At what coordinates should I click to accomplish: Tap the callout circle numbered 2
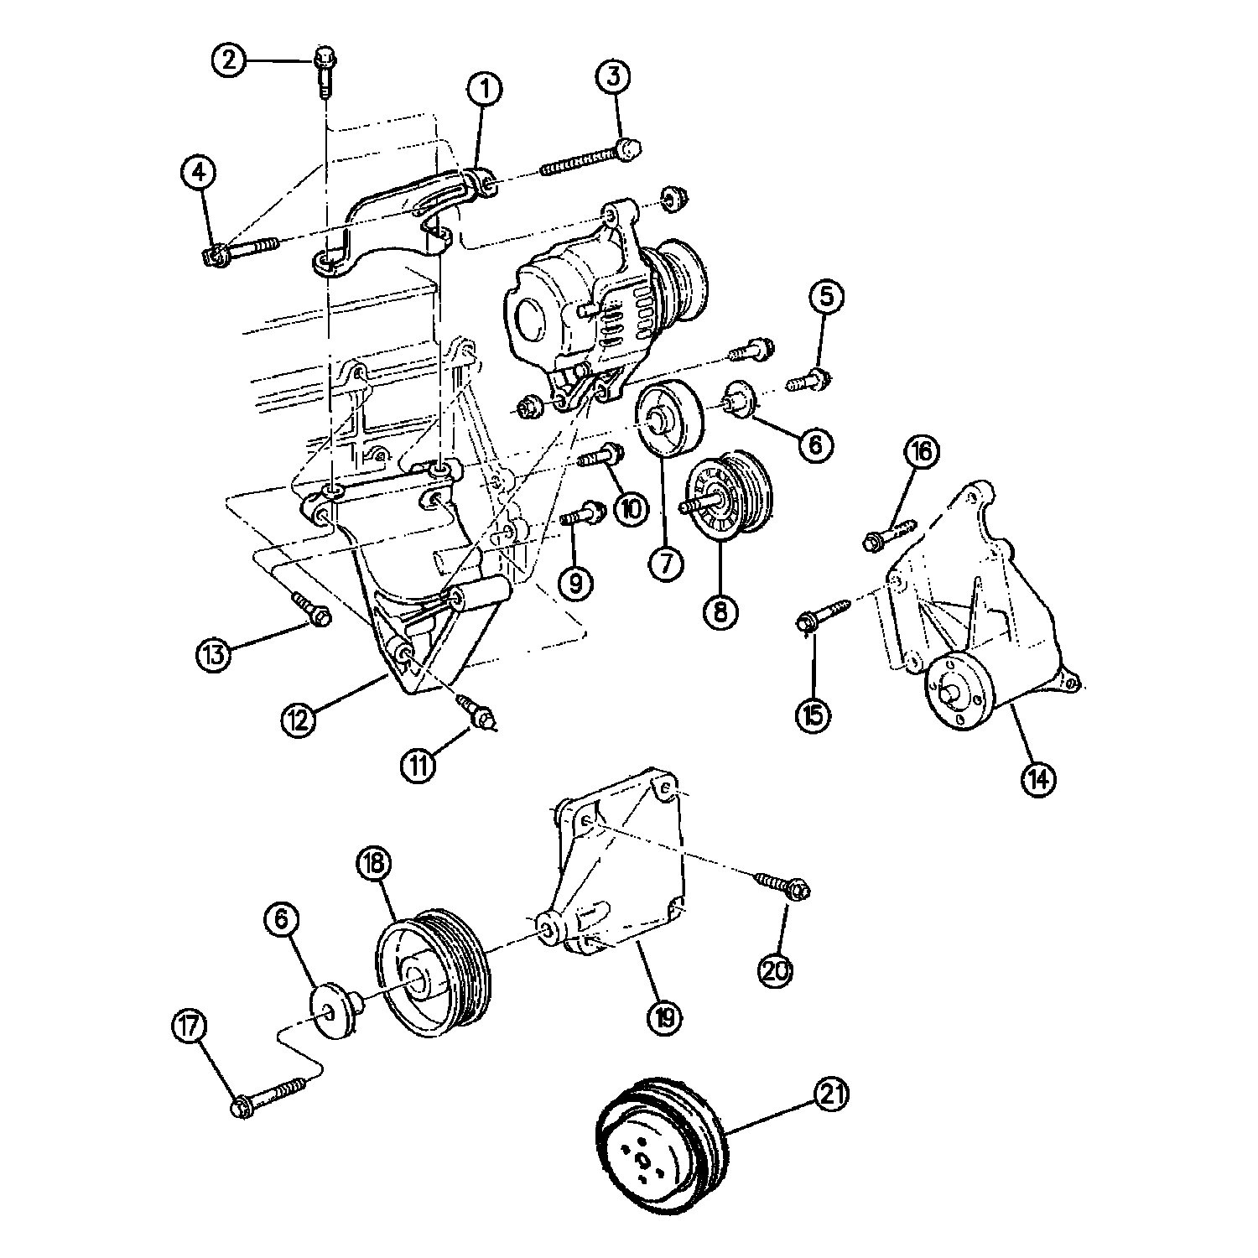(x=228, y=60)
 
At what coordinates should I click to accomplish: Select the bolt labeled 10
(x=602, y=459)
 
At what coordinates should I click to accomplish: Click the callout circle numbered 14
(x=1038, y=778)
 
